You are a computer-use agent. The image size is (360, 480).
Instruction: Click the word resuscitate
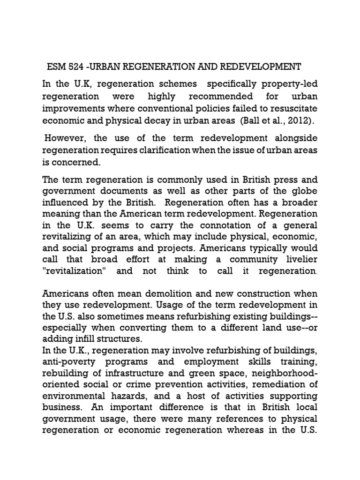pyautogui.click(x=290, y=108)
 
